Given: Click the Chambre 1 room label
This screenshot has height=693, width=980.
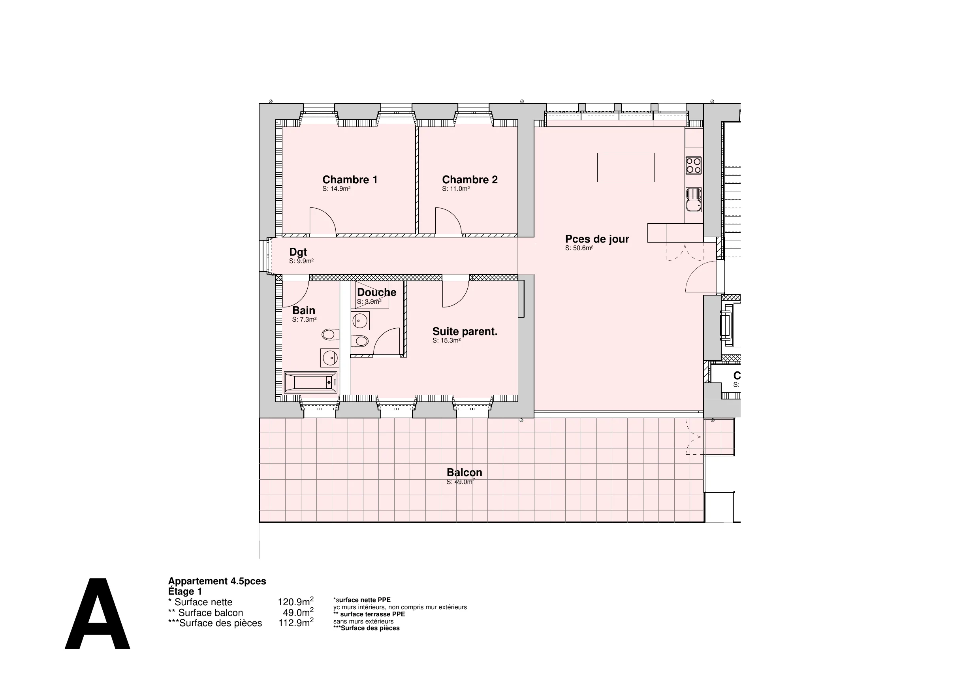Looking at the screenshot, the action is point(350,180).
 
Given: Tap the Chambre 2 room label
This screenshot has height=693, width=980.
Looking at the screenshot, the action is point(470,180).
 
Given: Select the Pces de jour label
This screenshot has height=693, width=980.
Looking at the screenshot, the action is point(597,239).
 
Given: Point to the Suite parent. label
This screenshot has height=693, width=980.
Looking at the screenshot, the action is point(465,332).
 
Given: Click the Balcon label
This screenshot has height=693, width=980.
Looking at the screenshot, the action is point(465,473).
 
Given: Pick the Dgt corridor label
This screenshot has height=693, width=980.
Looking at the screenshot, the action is point(298,252).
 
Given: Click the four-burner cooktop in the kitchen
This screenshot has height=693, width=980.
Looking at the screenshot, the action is point(694,166).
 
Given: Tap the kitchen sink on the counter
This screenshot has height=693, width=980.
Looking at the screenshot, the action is point(694,200).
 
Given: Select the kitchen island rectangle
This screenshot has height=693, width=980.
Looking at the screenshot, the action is point(626,168).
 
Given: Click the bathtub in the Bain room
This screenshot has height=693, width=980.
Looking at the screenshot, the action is point(311,382).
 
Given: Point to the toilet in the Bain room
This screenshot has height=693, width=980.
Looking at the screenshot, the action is point(330,334).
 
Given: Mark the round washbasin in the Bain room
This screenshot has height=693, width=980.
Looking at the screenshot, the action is point(330,358).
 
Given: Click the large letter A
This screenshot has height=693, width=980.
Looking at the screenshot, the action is point(97,614).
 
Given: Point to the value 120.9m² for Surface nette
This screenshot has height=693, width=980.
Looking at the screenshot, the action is point(296,602).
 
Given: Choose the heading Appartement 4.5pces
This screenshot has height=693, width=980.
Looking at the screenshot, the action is point(217,581).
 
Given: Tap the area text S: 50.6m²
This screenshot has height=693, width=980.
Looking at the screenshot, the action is point(579,248).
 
